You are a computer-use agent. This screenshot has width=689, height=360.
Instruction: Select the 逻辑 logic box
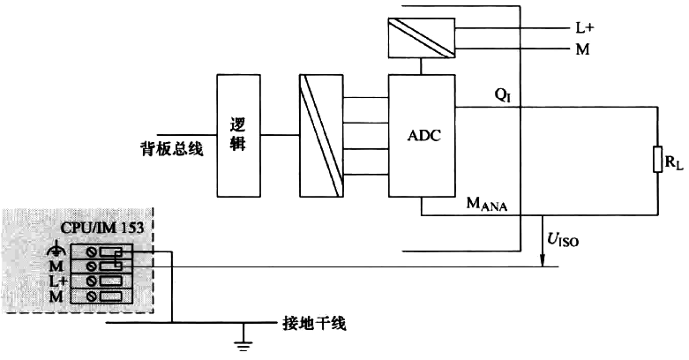(237, 135)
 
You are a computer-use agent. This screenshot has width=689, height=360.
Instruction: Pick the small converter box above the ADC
(419, 34)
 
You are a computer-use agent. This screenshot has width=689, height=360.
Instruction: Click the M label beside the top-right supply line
(582, 49)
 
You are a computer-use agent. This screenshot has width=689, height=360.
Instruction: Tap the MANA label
(491, 205)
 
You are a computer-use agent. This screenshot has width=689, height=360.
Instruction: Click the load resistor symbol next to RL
(657, 160)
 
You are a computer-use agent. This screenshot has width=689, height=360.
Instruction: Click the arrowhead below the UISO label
(540, 259)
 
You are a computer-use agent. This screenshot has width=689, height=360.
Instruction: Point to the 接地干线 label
(314, 324)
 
